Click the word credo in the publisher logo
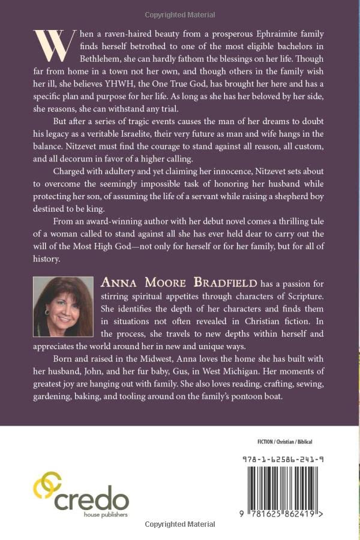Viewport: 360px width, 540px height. point(91,497)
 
